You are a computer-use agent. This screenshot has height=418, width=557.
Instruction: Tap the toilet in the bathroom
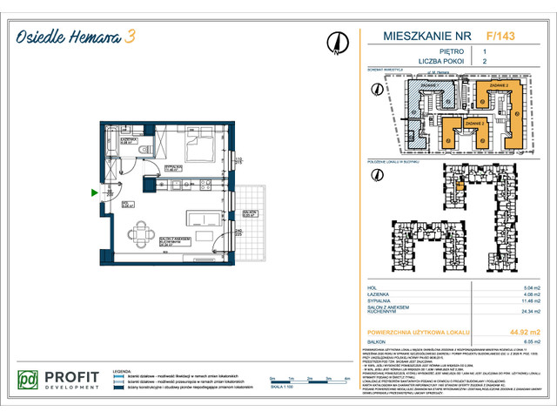(144, 152)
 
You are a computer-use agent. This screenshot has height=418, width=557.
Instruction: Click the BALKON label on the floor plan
(250, 212)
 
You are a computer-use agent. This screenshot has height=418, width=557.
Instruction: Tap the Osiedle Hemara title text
(65, 35)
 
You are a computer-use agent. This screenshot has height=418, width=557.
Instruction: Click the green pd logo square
(29, 381)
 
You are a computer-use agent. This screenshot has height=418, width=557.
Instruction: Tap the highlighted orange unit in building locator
(459, 186)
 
